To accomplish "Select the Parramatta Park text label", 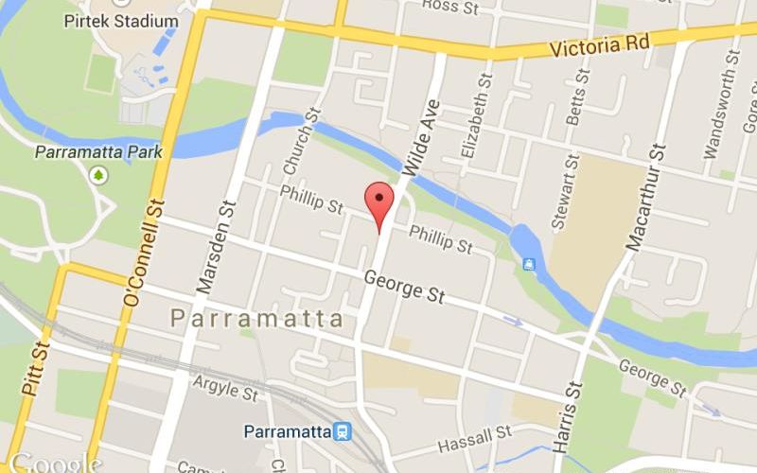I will pos(98,151).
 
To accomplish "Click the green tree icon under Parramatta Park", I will pos(98,175).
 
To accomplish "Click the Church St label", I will pos(302,141).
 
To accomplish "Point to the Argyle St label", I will pos(225,388).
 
